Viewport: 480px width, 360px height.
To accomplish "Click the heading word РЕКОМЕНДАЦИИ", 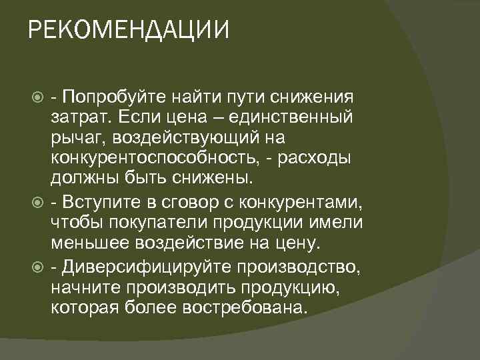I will click(x=129, y=30).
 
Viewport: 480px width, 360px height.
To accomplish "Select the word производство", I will click(x=303, y=266).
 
